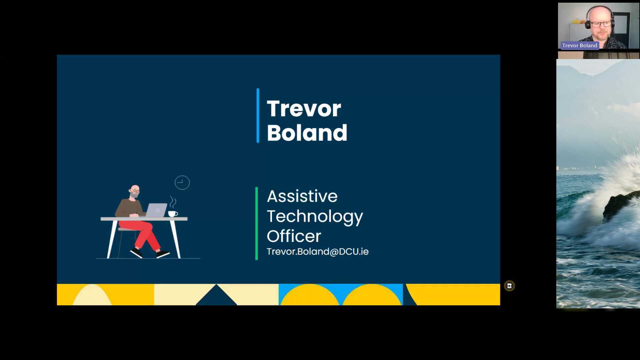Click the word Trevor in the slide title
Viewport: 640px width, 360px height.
[x=304, y=109]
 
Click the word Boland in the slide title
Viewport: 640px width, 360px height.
[x=307, y=133]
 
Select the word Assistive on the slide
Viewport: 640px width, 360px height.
[x=302, y=196]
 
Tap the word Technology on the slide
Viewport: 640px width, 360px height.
[x=315, y=217]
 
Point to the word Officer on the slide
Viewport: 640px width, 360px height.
[x=294, y=236]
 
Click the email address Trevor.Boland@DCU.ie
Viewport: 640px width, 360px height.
[x=318, y=251]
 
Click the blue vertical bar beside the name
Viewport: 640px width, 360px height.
[x=258, y=115]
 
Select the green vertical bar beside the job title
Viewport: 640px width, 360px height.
[x=257, y=223]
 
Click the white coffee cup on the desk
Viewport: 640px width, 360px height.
[x=173, y=214]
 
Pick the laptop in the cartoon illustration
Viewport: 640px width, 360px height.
[x=156, y=210]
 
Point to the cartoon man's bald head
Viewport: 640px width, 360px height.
[x=135, y=189]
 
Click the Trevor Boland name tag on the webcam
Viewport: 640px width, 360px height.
[x=580, y=45]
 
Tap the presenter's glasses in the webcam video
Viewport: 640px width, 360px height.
[x=601, y=24]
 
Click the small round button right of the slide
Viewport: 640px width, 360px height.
[x=509, y=286]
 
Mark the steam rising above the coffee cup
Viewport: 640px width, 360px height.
[x=173, y=202]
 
